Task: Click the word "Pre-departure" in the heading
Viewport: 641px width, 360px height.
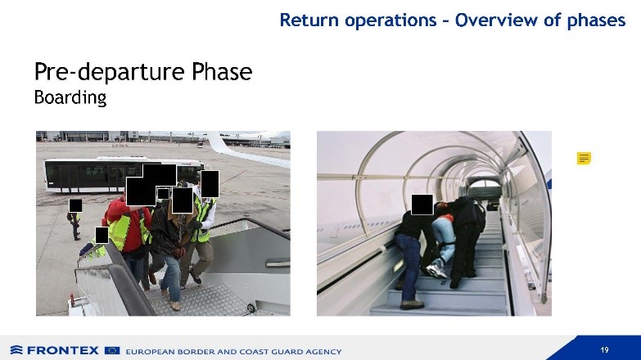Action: pos(111,72)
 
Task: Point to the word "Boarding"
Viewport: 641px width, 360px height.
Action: pos(70,98)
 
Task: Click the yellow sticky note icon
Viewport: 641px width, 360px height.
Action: pos(584,158)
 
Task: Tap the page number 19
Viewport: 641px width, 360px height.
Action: pos(604,350)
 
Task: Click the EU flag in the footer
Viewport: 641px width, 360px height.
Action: pos(112,351)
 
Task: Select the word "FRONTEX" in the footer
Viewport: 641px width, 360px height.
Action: pos(63,351)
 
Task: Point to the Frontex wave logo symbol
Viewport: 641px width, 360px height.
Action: pos(16,350)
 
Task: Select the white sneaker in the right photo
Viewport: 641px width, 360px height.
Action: pos(436,271)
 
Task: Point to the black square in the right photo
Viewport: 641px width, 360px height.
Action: pos(422,205)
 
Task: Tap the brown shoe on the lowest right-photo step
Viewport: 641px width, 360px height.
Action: pos(412,304)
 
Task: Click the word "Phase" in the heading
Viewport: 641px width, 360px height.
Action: pos(222,72)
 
